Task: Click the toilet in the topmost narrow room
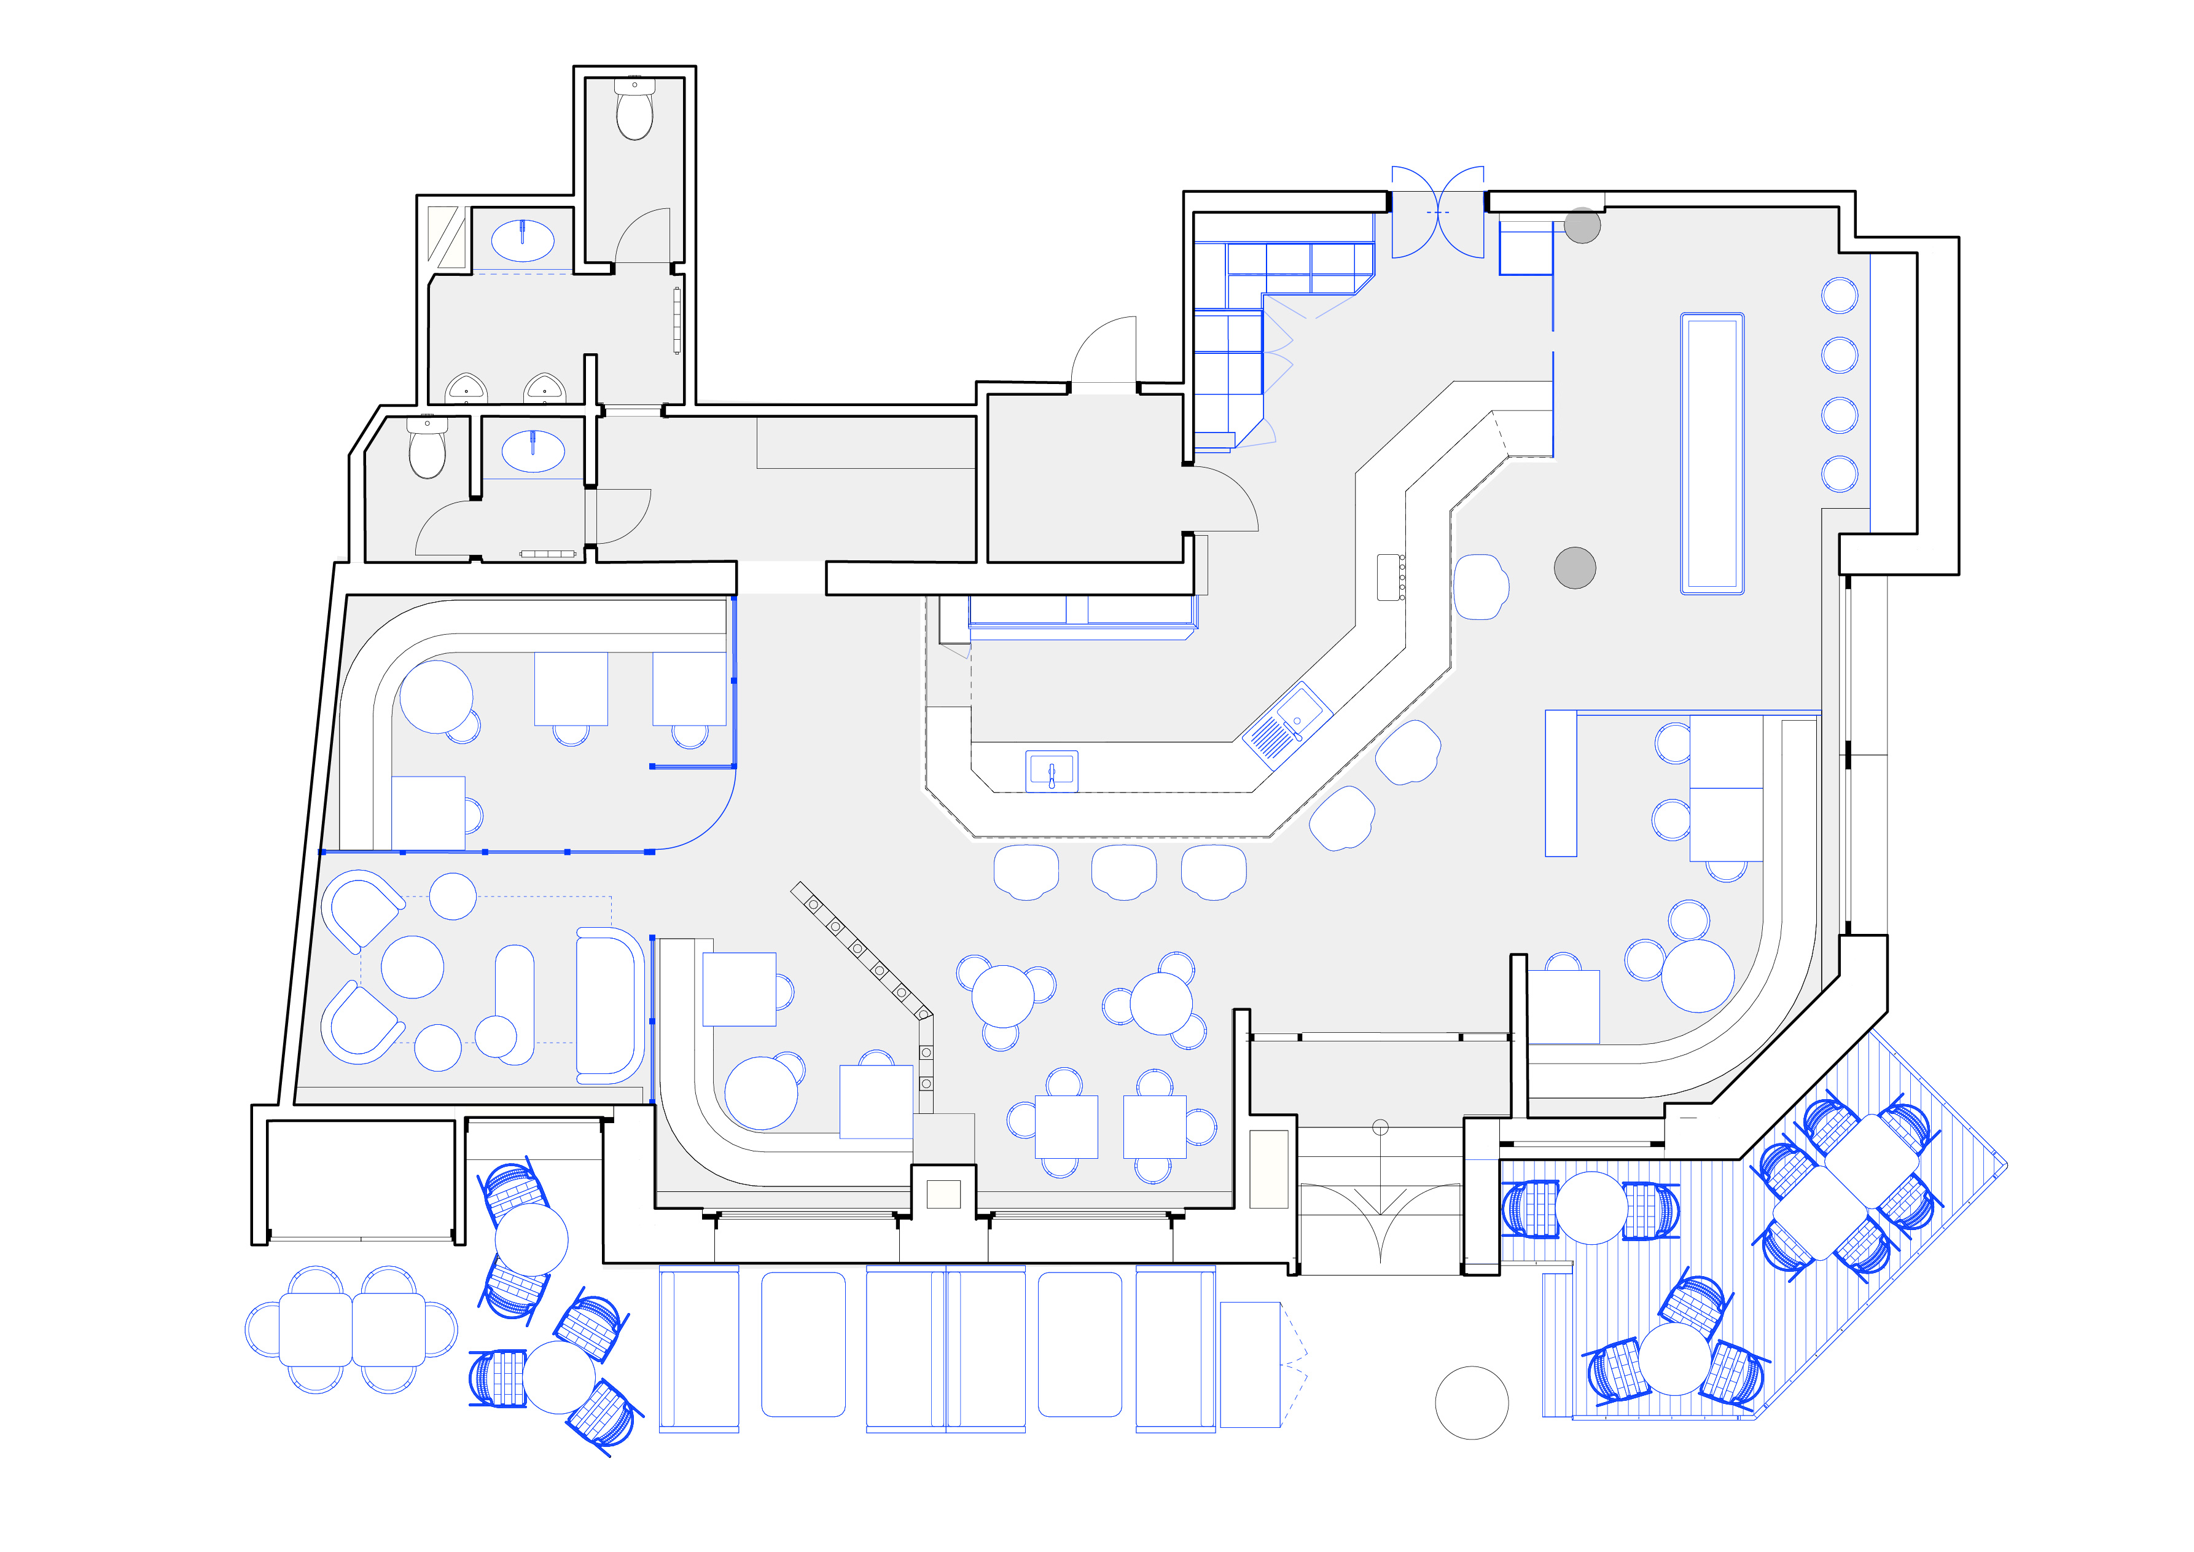click(x=634, y=110)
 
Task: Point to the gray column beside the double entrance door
click(x=1582, y=225)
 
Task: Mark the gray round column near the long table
click(x=1575, y=568)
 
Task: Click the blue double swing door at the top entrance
click(x=1437, y=212)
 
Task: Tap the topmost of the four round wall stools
click(x=1840, y=296)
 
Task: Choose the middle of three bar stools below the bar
click(x=1124, y=872)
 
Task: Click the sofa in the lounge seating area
click(x=609, y=1005)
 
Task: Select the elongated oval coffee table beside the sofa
click(x=515, y=1005)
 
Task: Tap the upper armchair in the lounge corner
click(x=362, y=909)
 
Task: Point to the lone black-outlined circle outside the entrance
click(x=1472, y=1402)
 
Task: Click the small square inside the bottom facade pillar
click(x=943, y=1194)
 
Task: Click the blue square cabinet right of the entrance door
click(x=1525, y=248)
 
